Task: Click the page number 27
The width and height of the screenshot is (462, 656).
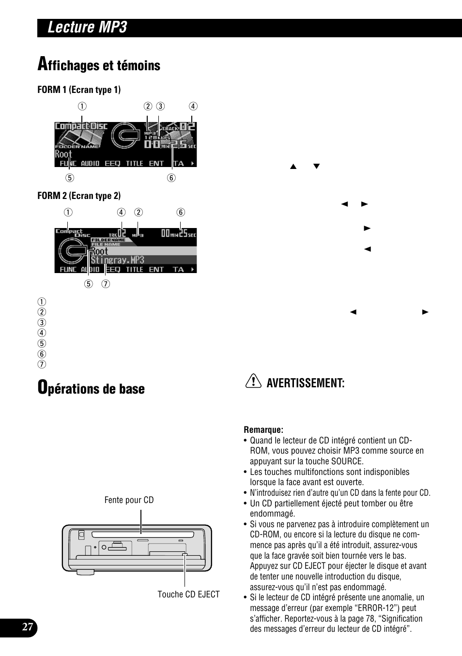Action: (28, 627)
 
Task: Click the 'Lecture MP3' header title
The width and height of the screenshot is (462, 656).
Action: (87, 28)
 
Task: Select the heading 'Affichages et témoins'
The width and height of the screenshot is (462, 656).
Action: (99, 65)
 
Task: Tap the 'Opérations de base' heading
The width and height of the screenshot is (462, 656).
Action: (92, 388)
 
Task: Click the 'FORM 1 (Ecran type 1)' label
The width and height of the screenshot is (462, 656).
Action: (79, 90)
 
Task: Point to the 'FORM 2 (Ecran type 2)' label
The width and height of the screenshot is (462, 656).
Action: (79, 196)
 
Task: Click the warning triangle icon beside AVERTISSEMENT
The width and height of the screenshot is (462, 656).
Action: (253, 382)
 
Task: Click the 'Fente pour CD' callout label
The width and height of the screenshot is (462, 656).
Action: (129, 500)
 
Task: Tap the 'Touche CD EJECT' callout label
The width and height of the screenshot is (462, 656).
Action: (188, 595)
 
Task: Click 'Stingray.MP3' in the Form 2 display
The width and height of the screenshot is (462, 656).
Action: (118, 260)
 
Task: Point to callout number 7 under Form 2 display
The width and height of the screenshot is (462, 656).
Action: (106, 284)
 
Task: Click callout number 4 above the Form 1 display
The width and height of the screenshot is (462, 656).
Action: (193, 107)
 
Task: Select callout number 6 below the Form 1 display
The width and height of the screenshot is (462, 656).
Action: (171, 178)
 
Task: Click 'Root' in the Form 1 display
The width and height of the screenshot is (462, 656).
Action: (63, 154)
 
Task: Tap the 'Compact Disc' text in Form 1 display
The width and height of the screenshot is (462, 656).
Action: (81, 126)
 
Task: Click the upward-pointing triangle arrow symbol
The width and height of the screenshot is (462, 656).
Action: (293, 167)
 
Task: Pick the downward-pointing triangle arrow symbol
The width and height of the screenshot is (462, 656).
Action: (317, 167)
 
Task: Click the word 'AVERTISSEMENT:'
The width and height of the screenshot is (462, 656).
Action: (306, 383)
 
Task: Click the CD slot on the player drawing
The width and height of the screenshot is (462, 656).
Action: (136, 535)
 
